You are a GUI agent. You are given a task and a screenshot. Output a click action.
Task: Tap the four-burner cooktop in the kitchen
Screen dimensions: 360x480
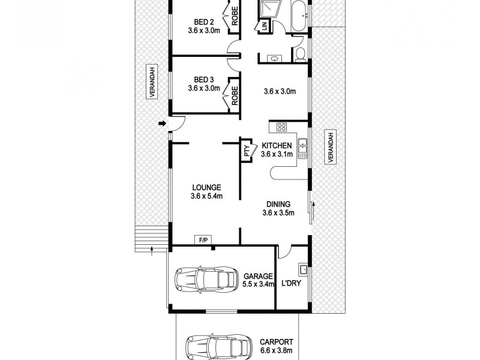tap(283, 127)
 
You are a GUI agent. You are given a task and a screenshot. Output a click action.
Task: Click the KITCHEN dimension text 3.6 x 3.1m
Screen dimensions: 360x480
tap(277, 154)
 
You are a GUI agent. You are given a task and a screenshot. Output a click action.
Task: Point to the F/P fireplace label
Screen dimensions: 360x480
tap(202, 241)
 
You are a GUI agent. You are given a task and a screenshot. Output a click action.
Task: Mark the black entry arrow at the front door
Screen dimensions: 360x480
tap(161, 124)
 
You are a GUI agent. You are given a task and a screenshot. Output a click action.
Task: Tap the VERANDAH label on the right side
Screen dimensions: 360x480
tap(329, 147)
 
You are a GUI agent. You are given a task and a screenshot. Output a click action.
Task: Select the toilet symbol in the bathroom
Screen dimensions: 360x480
tap(301, 55)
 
